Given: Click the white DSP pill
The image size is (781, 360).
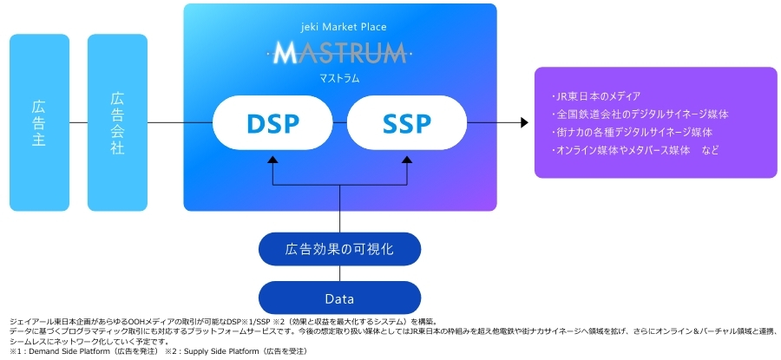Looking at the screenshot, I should point(271,124).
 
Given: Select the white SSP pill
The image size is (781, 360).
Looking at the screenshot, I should point(406,124).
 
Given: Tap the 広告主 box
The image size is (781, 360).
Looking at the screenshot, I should point(39,122).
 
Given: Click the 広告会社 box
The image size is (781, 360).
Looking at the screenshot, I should point(117,122).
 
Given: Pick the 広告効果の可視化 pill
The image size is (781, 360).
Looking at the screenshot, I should point(339,250).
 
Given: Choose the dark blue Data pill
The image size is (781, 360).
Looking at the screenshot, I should point(339,298).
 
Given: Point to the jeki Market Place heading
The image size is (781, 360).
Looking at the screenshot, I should point(339,27).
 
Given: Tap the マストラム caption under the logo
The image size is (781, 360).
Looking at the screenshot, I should point(339,78).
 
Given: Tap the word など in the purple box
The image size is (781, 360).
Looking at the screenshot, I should point(712,150).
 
